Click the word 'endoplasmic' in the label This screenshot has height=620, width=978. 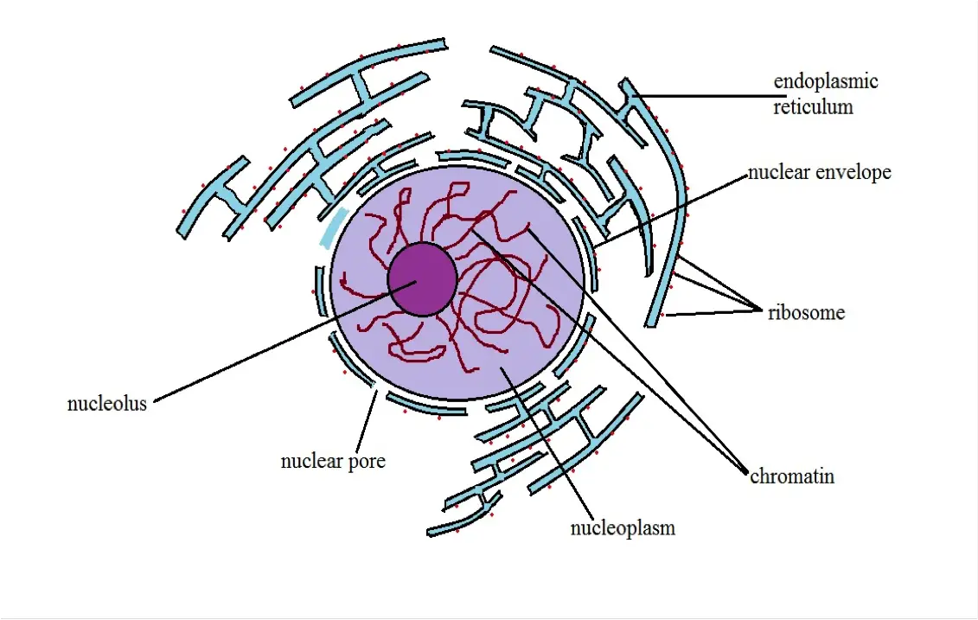point(825,82)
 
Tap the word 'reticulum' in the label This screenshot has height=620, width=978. point(813,107)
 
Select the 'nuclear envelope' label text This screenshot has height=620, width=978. point(819,173)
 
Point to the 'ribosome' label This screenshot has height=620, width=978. point(806,313)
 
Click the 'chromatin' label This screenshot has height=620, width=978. point(792,476)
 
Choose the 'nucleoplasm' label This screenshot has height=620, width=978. point(623,527)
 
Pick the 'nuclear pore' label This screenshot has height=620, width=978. point(333,462)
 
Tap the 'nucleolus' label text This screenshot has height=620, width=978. point(107,404)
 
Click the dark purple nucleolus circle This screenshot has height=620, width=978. point(422,278)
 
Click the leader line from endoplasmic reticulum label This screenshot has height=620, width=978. point(709,96)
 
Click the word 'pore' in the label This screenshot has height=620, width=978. point(368,462)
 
